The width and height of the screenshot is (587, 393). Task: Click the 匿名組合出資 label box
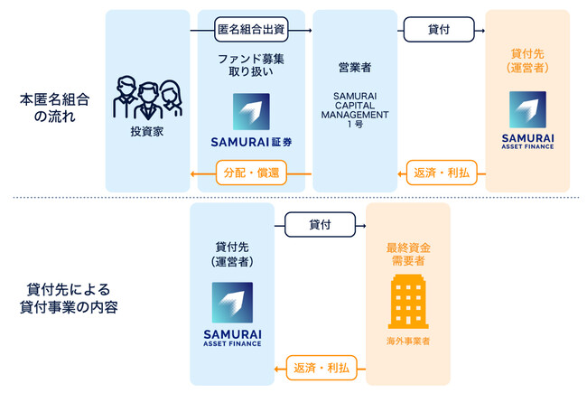(x=250, y=30)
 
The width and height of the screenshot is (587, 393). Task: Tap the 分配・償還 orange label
(x=250, y=171)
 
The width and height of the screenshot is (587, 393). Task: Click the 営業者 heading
(x=355, y=68)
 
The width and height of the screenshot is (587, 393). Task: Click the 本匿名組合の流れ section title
(x=49, y=107)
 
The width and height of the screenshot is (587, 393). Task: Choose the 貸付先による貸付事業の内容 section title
(x=71, y=297)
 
